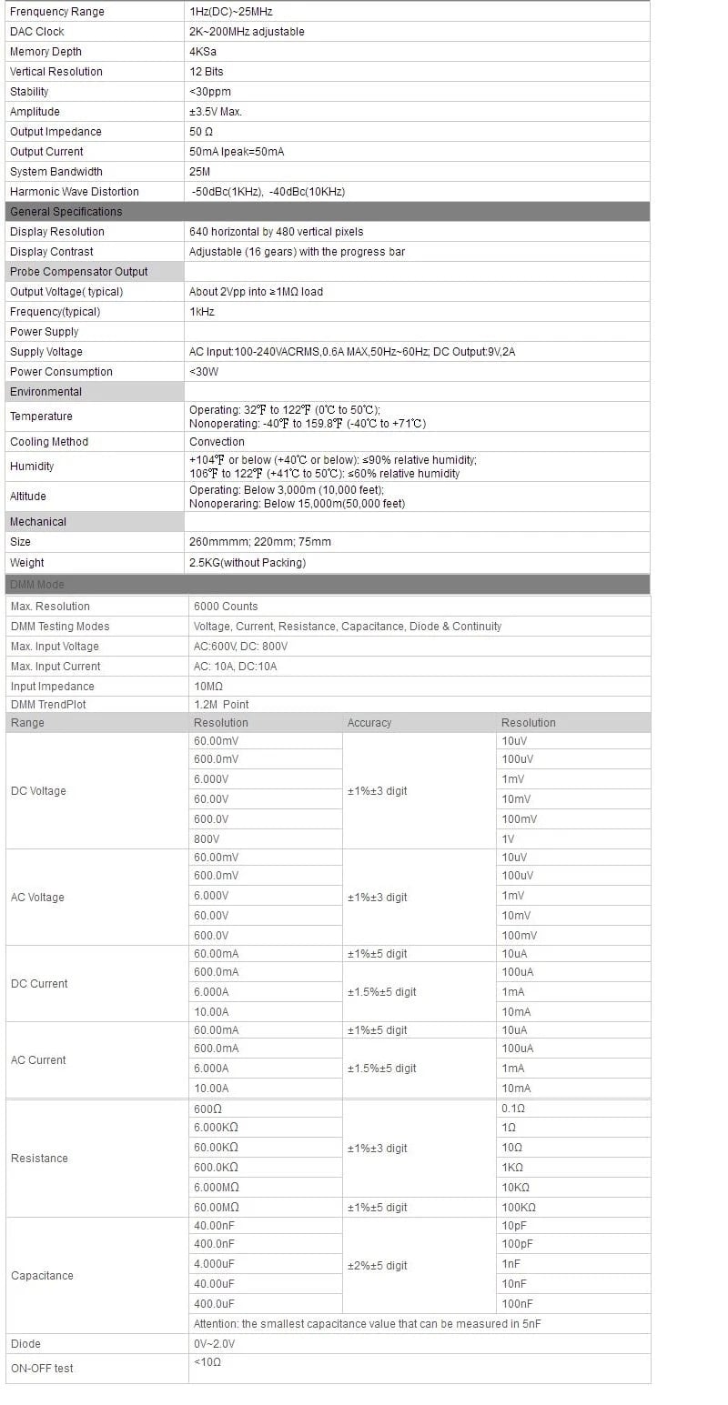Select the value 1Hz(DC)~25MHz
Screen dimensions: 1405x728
pos(231,12)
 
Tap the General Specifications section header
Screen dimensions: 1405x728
pos(66,212)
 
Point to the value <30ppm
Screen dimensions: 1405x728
pos(207,92)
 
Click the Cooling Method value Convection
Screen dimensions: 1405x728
pos(217,442)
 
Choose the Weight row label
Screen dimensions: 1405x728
pos(27,563)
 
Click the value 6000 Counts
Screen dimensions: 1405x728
pos(226,607)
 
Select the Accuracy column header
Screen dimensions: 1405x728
pos(369,723)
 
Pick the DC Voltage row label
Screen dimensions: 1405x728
pos(38,791)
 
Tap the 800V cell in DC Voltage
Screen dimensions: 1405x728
pos(207,839)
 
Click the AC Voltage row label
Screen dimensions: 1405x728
pos(37,898)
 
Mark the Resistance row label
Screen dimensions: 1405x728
pos(39,1159)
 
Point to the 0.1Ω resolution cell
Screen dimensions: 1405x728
pos(513,1109)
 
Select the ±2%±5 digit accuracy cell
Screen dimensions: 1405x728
pos(378,1266)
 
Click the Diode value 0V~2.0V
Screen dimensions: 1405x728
pos(214,1344)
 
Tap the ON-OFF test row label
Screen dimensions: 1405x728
pos(42,1369)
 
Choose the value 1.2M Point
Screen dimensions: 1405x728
pos(221,705)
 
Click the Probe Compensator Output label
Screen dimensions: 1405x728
pos(78,272)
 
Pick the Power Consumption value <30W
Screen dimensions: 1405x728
pos(204,372)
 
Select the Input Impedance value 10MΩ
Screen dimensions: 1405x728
pos(208,687)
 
